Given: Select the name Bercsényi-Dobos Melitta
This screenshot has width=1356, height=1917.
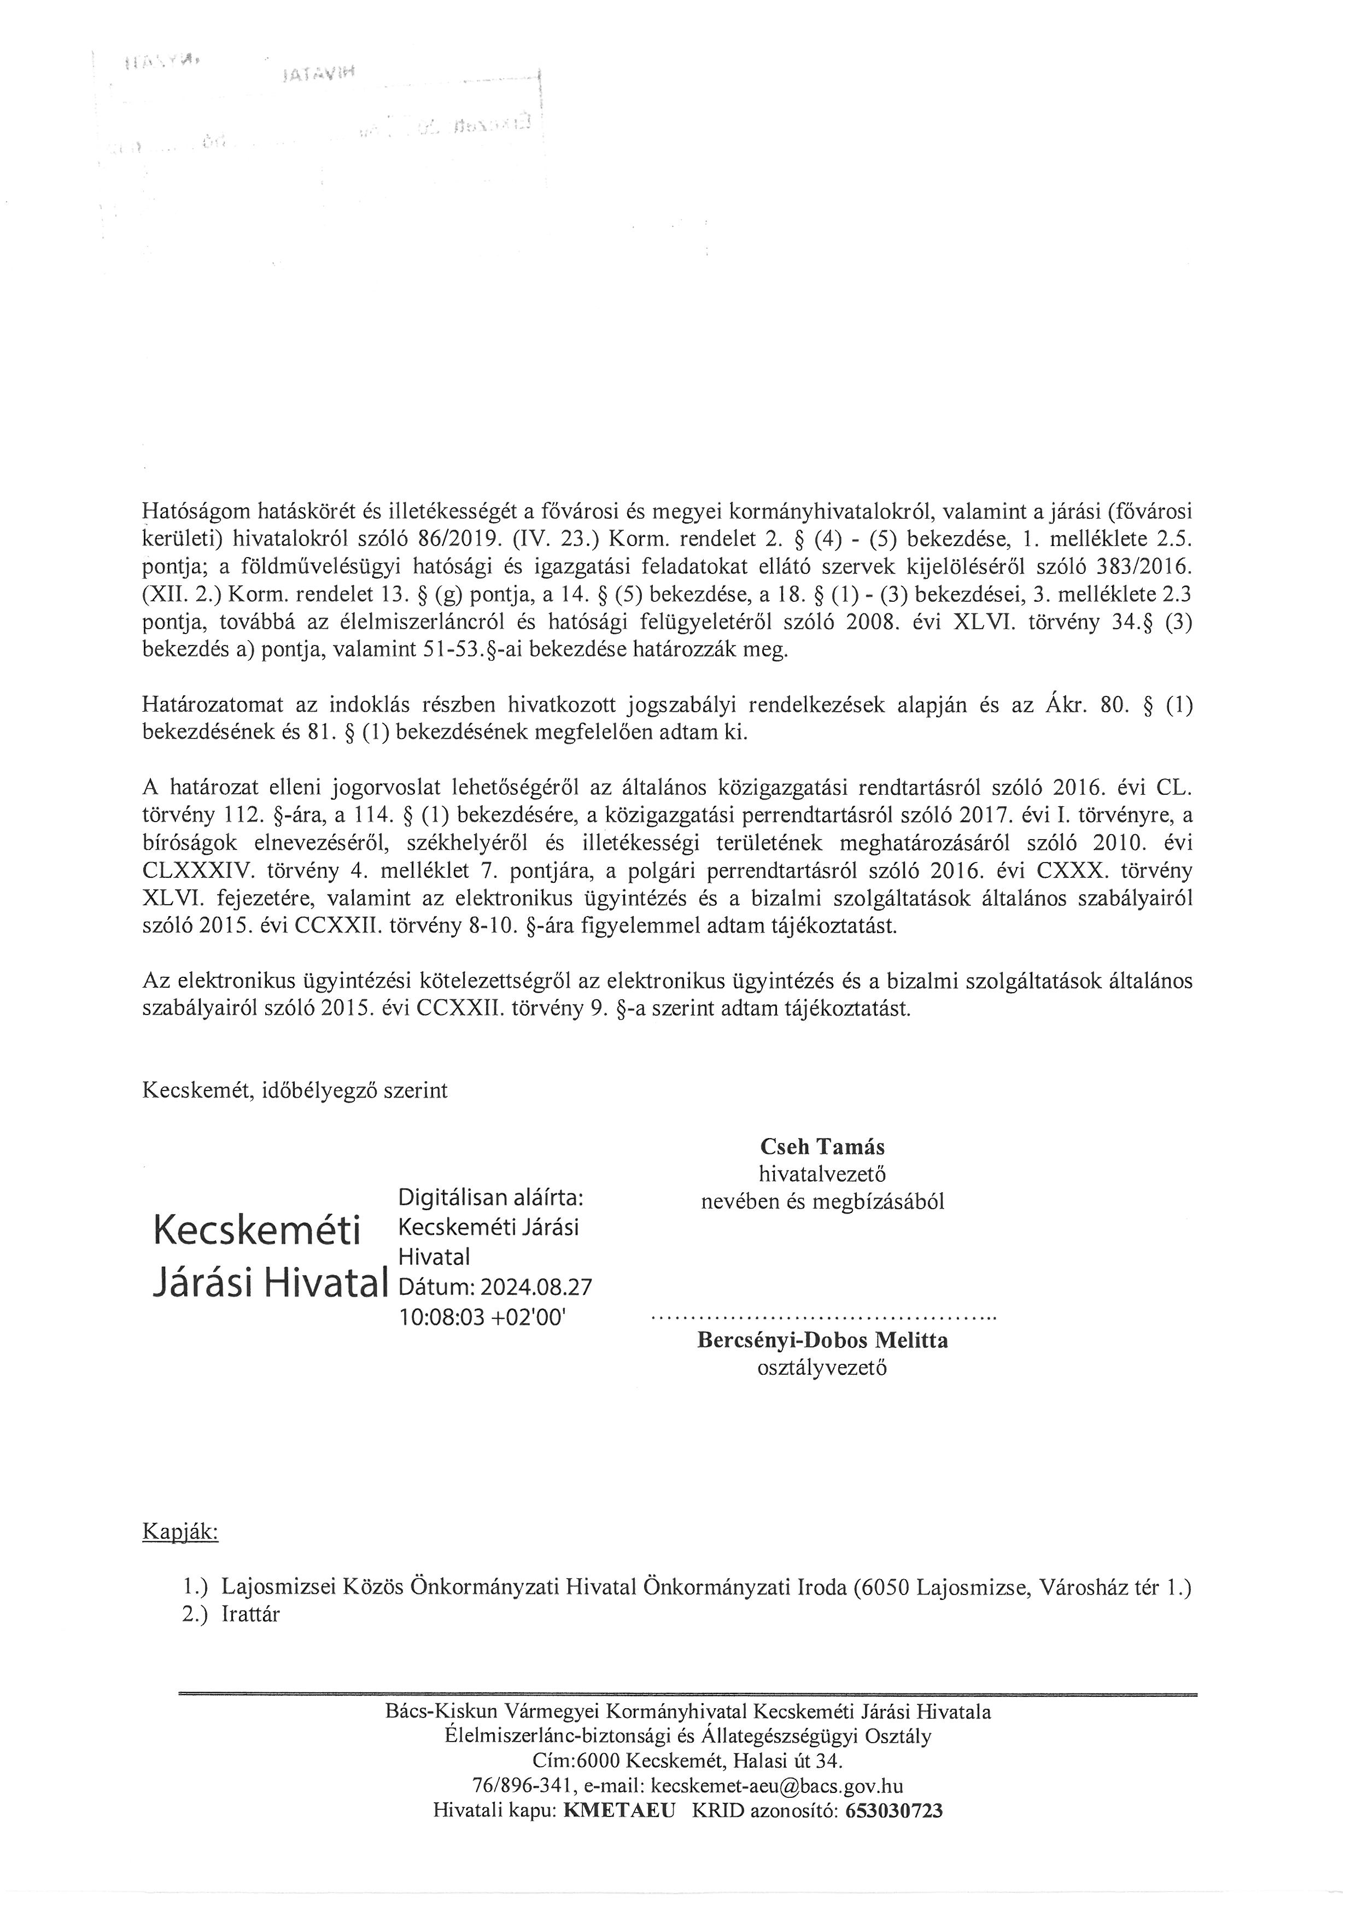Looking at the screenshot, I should point(822,1341).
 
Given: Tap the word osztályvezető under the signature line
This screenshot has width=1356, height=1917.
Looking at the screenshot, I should point(822,1368).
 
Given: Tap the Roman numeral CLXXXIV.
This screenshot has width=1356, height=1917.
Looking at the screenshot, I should point(198,871).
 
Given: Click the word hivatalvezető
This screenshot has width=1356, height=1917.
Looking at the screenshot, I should point(822,1174).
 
